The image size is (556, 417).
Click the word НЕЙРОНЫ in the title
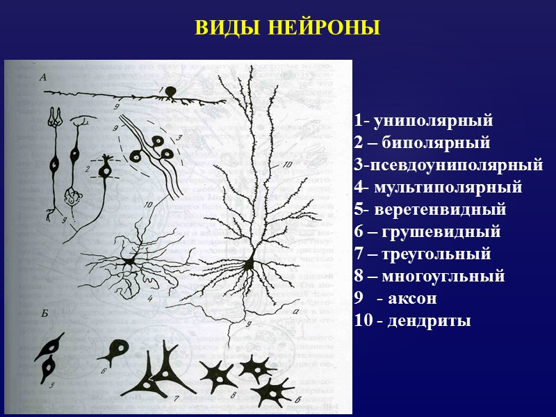pos(325,28)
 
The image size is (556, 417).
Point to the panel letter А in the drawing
pos(44,78)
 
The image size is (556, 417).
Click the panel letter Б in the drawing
pos(44,315)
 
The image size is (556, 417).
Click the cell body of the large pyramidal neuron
pos(248,263)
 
